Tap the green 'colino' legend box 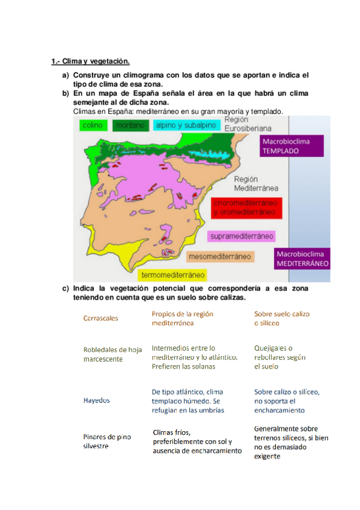pyautogui.click(x=91, y=125)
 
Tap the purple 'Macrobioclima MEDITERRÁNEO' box pyautogui.click(x=302, y=259)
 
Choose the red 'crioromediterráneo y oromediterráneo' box pyautogui.click(x=243, y=207)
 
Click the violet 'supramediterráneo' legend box pyautogui.click(x=242, y=236)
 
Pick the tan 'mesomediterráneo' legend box pyautogui.click(x=219, y=257)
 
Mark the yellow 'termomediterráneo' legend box pyautogui.click(x=170, y=275)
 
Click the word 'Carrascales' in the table pyautogui.click(x=100, y=318)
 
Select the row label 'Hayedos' pyautogui.click(x=96, y=400)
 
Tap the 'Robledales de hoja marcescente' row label pyautogui.click(x=112, y=354)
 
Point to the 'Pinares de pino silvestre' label pyautogui.click(x=107, y=441)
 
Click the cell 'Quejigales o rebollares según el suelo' pyautogui.click(x=280, y=357)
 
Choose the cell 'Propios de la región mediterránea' pyautogui.click(x=182, y=318)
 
